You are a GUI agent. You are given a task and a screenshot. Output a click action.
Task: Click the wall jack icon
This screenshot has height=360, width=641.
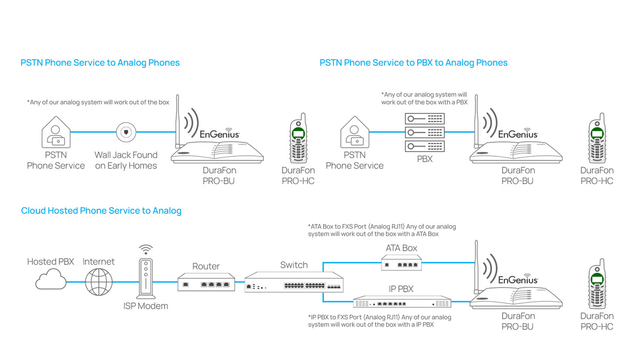[x=126, y=132]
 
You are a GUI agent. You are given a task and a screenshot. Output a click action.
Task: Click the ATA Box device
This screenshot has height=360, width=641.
[x=402, y=262]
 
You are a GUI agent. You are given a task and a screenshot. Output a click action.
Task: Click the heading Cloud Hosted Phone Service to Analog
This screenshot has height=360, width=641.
[x=101, y=211]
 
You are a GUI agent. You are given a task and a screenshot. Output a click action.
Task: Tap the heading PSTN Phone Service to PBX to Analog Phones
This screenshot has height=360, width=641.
[x=413, y=63]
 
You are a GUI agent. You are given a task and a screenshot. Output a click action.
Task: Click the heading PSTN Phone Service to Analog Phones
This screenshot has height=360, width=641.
[x=100, y=63]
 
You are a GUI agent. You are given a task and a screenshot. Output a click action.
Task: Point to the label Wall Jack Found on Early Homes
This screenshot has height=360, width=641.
[x=126, y=160]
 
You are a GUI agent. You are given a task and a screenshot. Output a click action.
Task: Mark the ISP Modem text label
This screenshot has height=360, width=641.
[x=145, y=306]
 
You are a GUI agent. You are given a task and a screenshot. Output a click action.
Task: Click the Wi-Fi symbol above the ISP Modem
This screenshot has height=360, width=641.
[x=145, y=250]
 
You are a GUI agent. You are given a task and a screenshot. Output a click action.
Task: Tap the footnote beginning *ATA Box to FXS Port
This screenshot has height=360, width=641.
[x=382, y=230]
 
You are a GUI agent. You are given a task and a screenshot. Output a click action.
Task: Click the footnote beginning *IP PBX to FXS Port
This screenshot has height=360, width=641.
[x=379, y=321]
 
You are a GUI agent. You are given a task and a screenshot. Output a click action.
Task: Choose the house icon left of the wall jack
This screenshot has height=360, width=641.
[x=56, y=132]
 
